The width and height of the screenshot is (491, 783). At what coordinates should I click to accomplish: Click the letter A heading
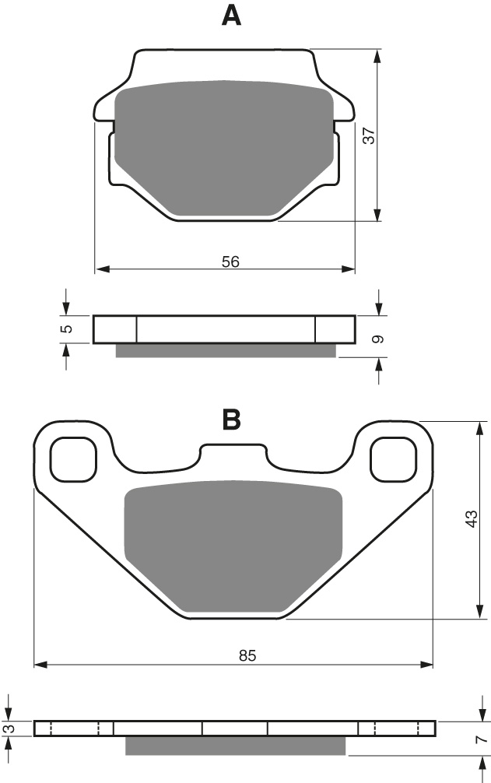tap(231, 16)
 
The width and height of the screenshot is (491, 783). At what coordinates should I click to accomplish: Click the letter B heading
tap(232, 420)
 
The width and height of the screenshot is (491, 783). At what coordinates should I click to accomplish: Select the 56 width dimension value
tap(230, 262)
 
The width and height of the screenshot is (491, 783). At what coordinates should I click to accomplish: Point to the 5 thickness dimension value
tap(68, 328)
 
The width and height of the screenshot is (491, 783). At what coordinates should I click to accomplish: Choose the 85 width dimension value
tap(247, 656)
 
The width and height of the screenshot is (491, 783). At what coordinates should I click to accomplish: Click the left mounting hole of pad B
tap(73, 458)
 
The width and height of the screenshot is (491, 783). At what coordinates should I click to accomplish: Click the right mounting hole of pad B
tap(392, 458)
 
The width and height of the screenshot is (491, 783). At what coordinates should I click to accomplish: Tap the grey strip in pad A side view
tap(226, 350)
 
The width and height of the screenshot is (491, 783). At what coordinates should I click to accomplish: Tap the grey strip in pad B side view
tap(235, 746)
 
